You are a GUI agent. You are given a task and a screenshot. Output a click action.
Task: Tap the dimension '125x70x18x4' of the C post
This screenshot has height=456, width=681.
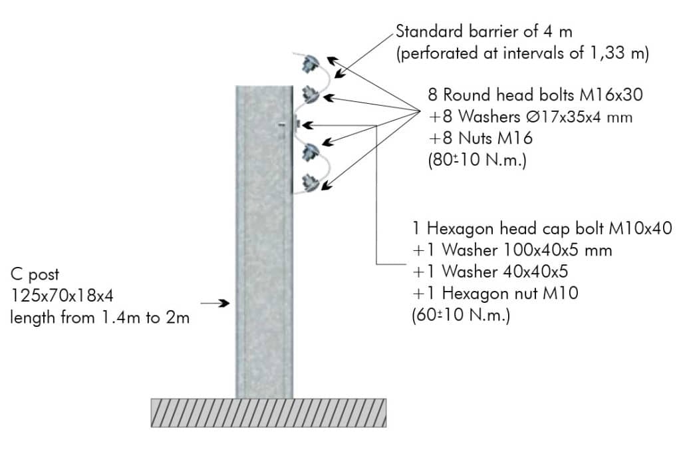pos(62,296)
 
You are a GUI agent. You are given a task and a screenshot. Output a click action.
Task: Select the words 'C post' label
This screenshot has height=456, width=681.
pos(35,275)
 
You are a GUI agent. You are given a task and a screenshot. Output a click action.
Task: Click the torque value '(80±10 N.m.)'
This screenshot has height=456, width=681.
pos(477,160)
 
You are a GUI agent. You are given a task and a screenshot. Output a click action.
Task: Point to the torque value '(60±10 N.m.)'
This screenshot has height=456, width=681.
pos(460,314)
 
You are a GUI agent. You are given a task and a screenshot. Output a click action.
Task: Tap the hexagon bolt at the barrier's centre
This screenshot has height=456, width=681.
pos(297,124)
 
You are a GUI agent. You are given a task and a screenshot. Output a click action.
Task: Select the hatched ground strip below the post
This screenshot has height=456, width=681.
pos(269,413)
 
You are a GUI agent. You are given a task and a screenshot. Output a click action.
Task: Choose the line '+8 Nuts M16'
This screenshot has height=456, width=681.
pos(480,138)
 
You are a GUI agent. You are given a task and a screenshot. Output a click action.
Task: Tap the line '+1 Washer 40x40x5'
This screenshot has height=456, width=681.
pos(490,272)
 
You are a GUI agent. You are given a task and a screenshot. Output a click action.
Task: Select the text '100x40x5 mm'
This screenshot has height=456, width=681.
pos(558,250)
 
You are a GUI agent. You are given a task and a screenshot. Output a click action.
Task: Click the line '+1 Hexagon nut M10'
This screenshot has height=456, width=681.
pos(495,294)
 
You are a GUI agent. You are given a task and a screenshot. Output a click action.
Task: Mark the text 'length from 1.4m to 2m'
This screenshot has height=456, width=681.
pos(100,318)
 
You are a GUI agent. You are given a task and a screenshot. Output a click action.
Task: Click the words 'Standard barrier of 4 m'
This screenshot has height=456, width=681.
pos(484,31)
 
